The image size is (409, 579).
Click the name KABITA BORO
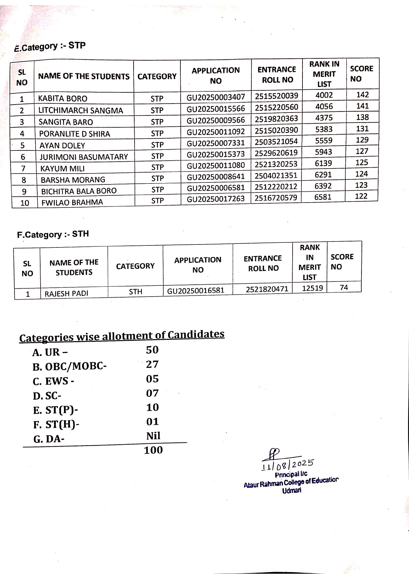[x=63, y=99]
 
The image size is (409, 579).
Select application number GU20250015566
[x=216, y=109]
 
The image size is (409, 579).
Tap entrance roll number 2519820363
[x=276, y=119]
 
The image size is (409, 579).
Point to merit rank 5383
[x=324, y=129]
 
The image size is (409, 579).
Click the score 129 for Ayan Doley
[x=362, y=140]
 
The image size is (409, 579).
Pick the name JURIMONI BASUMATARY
[x=84, y=157]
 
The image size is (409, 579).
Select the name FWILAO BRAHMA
[x=72, y=202]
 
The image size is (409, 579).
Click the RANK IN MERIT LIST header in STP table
[x=324, y=74]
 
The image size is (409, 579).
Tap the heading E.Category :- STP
[x=50, y=47]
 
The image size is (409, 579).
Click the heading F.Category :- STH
[x=53, y=235]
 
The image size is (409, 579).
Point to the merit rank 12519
[x=312, y=288]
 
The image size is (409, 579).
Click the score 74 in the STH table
[x=344, y=288]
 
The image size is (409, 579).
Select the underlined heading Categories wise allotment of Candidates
[x=122, y=336]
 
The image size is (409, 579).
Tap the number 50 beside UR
[x=152, y=350]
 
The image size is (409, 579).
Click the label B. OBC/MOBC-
[x=70, y=367]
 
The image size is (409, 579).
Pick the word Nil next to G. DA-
[x=153, y=436]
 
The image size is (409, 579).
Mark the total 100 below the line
[x=153, y=450]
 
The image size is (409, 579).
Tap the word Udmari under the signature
[x=292, y=491]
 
